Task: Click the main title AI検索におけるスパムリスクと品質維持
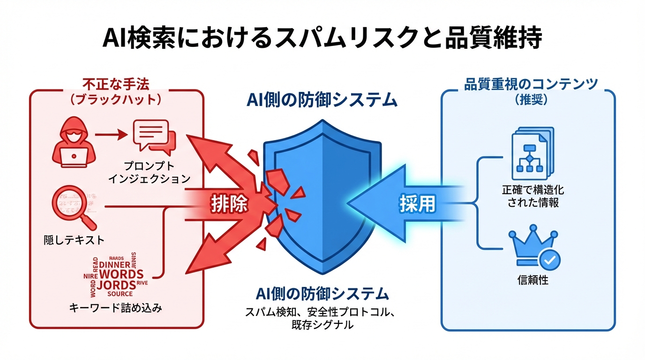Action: (x=322, y=38)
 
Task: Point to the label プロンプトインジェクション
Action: (x=149, y=172)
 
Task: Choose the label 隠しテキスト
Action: (x=72, y=240)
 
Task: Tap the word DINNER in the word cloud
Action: (x=115, y=264)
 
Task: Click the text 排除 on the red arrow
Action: (x=229, y=204)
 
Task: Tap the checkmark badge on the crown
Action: (x=549, y=259)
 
